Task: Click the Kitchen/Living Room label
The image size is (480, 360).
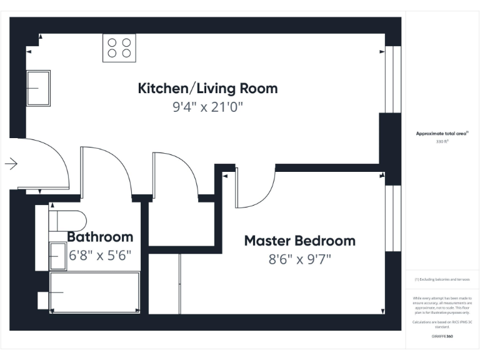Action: click(x=207, y=88)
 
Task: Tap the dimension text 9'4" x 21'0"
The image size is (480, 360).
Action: click(x=207, y=107)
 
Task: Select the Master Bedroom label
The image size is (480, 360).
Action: click(x=299, y=241)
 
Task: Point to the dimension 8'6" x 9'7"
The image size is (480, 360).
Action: click(x=299, y=259)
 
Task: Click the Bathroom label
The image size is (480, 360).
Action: click(x=100, y=237)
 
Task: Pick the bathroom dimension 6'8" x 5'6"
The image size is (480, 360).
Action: click(x=100, y=256)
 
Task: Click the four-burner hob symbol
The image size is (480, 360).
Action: click(x=119, y=48)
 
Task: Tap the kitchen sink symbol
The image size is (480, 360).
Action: click(x=38, y=88)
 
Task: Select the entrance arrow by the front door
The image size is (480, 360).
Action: click(x=11, y=164)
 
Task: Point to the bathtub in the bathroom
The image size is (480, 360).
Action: click(x=95, y=292)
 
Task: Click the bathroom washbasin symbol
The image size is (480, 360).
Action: click(x=57, y=256)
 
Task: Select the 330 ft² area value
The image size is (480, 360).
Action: click(x=442, y=142)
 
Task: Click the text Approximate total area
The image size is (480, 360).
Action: click(x=442, y=133)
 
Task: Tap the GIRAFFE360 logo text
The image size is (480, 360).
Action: click(x=442, y=336)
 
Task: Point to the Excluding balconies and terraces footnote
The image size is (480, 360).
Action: click(x=442, y=279)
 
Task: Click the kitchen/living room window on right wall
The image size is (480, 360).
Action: click(x=393, y=79)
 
